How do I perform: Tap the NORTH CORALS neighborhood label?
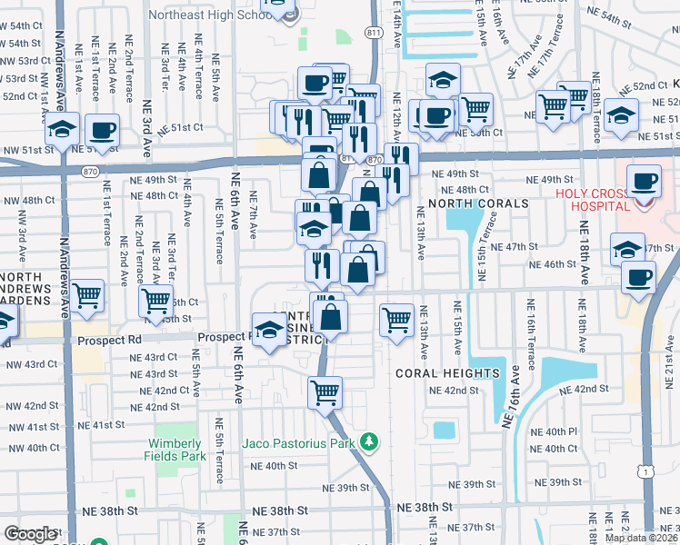click(485, 203)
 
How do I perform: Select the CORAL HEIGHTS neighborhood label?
click(447, 373)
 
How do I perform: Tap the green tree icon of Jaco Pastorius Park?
click(368, 442)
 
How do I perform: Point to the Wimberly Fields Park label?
click(172, 450)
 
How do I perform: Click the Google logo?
click(30, 534)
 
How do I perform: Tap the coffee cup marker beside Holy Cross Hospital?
click(645, 180)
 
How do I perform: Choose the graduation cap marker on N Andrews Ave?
click(62, 129)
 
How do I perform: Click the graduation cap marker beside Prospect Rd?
click(269, 332)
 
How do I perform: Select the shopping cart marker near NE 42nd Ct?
click(325, 392)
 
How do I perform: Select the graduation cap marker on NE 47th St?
click(627, 247)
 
